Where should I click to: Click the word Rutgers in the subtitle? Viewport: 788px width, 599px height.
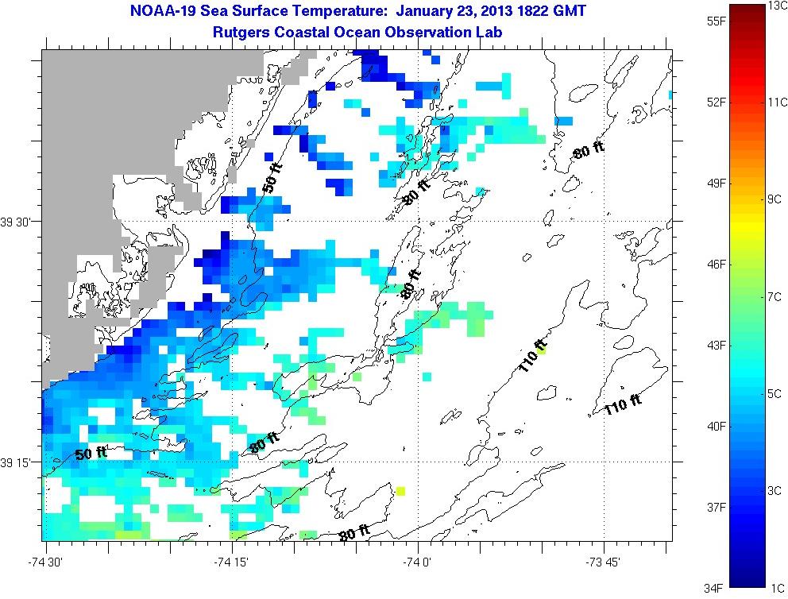point(241,32)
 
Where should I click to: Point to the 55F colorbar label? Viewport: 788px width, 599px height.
point(695,20)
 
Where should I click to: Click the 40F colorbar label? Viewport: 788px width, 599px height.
point(695,426)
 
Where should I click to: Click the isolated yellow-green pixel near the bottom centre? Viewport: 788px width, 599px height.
point(400,491)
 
